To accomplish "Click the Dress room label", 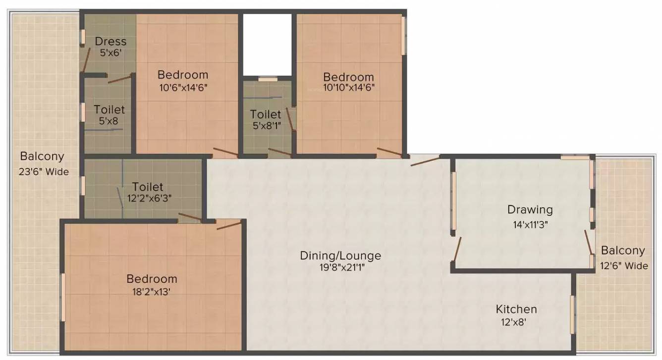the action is tap(110, 41).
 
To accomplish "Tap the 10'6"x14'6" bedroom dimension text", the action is tap(183, 88).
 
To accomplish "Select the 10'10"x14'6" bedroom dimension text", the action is tap(349, 88).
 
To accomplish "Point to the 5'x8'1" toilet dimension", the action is tap(267, 126).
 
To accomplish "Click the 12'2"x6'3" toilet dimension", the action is tap(150, 198).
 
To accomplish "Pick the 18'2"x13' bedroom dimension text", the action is tap(151, 292).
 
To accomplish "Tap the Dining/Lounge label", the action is tap(340, 256).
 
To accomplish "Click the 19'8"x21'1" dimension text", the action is tap(342, 267).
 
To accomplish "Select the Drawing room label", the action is tap(530, 210).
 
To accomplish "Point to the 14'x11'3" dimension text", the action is tap(530, 225).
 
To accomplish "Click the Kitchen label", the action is tap(516, 309).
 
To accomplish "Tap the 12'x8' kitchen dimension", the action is tap(514, 322).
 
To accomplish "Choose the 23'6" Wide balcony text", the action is tap(44, 172).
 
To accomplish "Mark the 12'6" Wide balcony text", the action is tap(624, 266).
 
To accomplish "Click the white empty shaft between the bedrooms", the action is tap(268, 44).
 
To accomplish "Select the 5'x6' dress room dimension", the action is tap(111, 53).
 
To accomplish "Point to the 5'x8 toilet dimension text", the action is tap(109, 121).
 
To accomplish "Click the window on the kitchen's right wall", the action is tap(572, 314).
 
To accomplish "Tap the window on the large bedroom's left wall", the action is tap(62, 297).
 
